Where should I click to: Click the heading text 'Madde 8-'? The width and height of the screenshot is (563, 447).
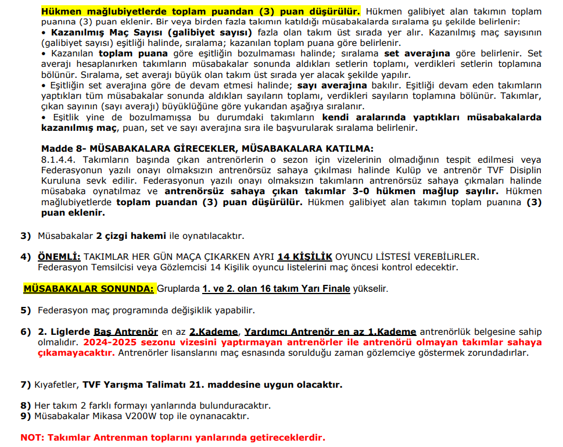60,149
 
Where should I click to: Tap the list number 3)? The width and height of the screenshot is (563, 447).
26,236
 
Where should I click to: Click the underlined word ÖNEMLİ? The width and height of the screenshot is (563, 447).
59,257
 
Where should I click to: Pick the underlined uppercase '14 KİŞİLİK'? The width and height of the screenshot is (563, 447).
304,257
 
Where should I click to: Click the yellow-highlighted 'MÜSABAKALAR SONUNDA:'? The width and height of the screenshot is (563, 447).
89,289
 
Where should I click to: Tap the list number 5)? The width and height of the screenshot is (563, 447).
26,310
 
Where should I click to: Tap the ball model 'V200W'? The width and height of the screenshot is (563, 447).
144,416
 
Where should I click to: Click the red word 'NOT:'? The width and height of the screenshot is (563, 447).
33,437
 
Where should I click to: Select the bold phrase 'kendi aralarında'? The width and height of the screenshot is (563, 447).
359,117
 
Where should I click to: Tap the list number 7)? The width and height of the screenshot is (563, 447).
26,385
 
